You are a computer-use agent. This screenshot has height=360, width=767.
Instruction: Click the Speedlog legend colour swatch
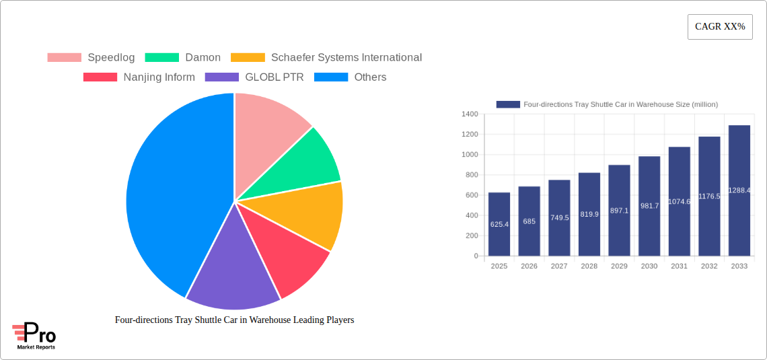64,58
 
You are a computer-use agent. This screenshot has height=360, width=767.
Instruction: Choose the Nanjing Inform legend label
159,77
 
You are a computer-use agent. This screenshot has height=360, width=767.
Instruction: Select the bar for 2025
499,224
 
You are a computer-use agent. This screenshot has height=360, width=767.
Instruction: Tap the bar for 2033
739,190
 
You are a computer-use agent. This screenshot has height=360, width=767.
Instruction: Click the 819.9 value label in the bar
589,214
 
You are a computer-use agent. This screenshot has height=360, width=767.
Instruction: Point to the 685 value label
529,221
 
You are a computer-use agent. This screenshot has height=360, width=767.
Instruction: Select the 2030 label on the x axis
649,266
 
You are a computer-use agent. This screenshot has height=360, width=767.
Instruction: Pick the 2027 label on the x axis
559,266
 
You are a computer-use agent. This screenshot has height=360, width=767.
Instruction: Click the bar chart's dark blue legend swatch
508,105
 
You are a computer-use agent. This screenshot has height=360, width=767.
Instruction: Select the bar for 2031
679,201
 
